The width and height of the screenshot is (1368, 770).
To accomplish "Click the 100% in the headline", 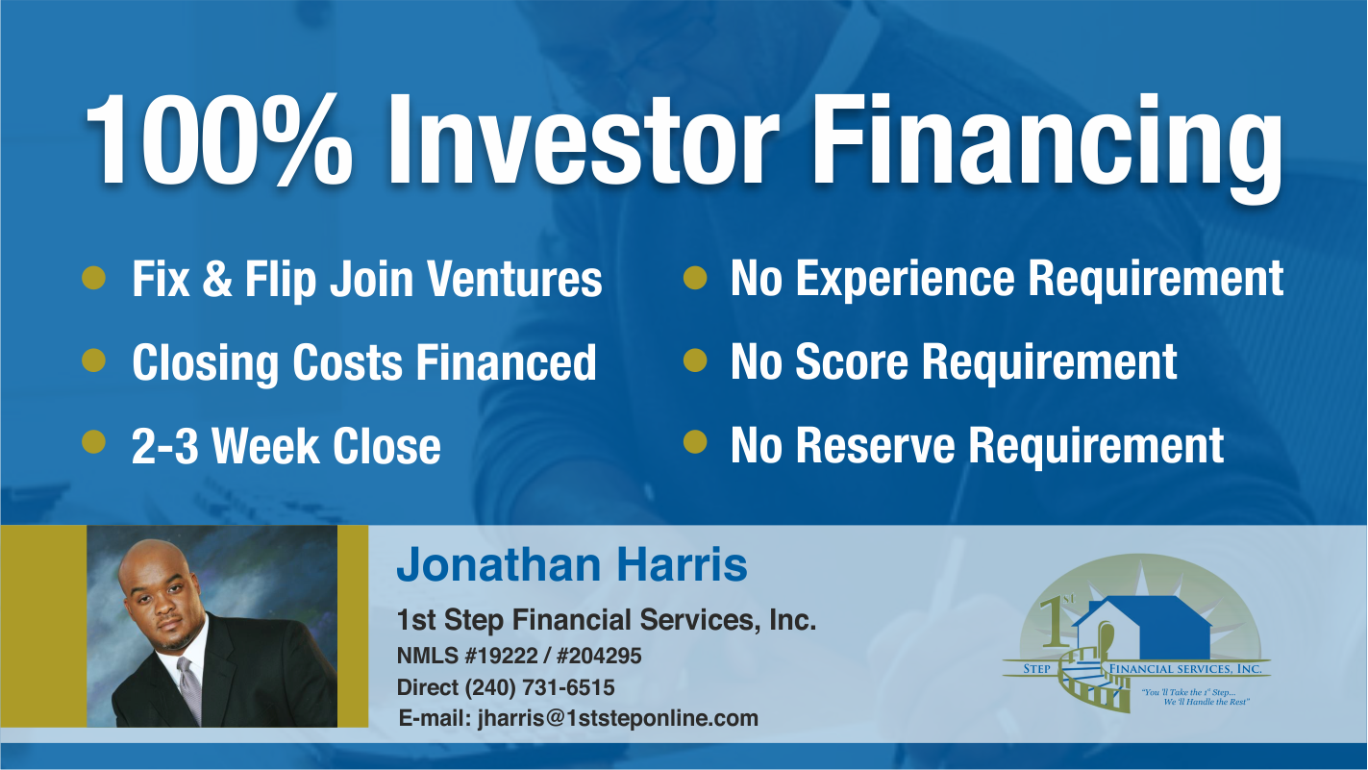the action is coord(218,139).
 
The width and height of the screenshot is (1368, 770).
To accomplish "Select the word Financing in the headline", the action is coord(1046,146).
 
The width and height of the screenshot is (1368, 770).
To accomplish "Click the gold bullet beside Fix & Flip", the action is coord(93,277).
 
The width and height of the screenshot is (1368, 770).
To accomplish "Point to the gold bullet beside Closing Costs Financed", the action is coord(93,360).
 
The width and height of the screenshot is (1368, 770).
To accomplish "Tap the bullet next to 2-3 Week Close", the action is coord(93,442).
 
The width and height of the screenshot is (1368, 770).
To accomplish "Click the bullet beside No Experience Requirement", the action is coord(695,277).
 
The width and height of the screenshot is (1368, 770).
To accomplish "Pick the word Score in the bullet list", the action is coord(852,361).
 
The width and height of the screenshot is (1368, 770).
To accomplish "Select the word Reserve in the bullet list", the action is coord(876,445).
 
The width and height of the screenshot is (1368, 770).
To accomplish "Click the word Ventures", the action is coord(515,279).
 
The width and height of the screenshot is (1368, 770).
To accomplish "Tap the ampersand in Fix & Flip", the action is coord(217,279).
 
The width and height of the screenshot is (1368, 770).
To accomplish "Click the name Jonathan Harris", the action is coord(572,564).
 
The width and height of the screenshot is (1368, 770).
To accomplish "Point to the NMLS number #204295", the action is coord(599,656).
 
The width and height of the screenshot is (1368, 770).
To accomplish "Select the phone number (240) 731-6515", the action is coord(540,687).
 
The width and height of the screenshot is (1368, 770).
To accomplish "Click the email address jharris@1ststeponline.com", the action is coord(618,718).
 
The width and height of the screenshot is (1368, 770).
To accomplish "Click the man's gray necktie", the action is coord(190,689).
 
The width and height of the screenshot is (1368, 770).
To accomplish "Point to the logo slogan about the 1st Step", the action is coord(1195,697).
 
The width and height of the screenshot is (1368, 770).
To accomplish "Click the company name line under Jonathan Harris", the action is coord(607,620).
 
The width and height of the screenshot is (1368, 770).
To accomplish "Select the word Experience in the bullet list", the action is coord(906,279).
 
